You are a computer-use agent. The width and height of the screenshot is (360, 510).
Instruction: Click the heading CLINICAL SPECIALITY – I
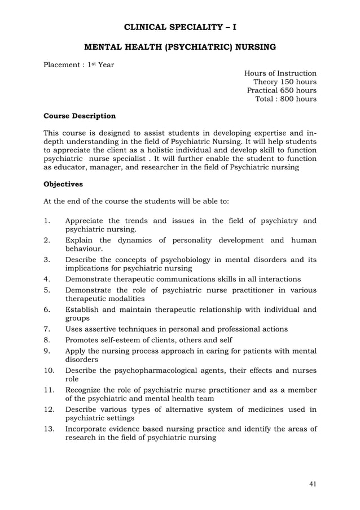click(x=180, y=27)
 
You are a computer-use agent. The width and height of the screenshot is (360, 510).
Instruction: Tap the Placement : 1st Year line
click(x=79, y=64)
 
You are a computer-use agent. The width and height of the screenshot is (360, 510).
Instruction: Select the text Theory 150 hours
click(x=284, y=82)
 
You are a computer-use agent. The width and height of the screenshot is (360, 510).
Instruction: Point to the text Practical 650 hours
click(x=282, y=90)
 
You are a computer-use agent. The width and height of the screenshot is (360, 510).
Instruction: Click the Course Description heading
click(x=80, y=116)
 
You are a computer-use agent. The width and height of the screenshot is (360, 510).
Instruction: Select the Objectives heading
click(x=63, y=184)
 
